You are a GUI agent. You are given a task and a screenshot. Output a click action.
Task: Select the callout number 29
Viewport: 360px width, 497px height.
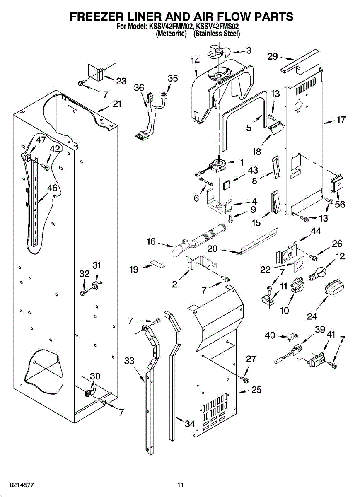[272, 57]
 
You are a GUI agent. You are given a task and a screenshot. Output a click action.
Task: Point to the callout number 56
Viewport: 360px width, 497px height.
[340, 205]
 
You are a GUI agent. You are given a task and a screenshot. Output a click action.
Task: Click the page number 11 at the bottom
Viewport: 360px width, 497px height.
[180, 485]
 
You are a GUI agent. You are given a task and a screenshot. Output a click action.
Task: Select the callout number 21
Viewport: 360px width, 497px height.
[117, 104]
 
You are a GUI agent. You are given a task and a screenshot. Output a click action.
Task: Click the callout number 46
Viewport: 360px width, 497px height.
[52, 188]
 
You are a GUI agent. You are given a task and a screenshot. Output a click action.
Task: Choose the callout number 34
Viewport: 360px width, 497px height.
[190, 424]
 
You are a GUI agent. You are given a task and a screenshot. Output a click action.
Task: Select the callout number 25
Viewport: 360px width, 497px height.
[256, 390]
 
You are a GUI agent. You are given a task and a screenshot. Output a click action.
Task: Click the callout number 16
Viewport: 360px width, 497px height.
[151, 241]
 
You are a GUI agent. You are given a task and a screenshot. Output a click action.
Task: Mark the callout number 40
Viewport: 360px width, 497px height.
[270, 335]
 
